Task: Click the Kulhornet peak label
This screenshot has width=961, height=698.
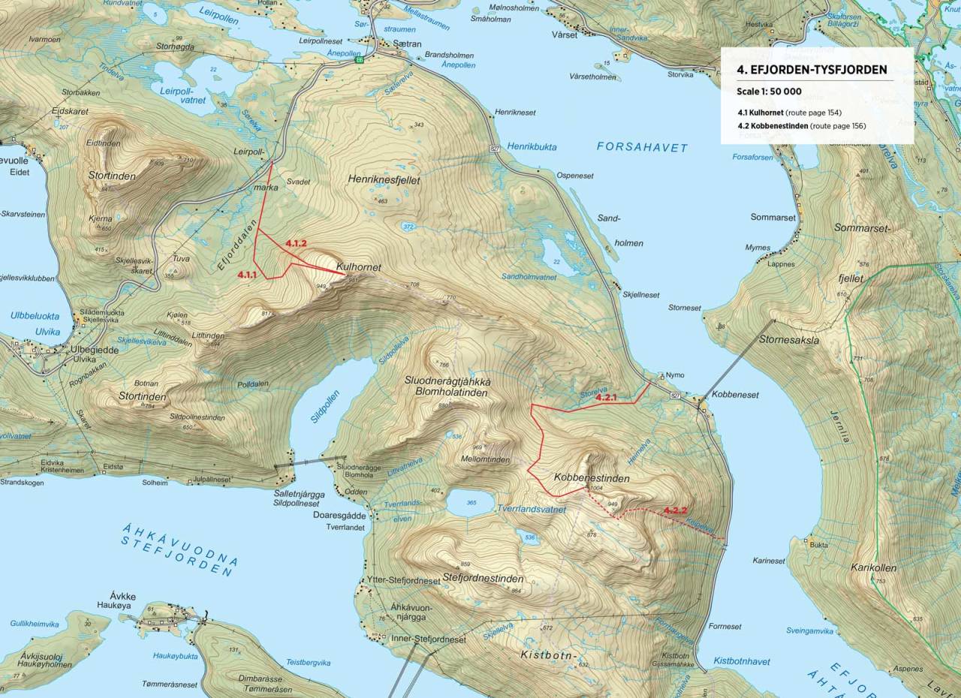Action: (x=359, y=267)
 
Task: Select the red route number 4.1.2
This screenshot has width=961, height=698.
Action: (x=296, y=243)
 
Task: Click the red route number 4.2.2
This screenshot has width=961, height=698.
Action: (x=676, y=511)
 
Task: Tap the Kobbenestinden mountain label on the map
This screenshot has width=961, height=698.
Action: (x=591, y=477)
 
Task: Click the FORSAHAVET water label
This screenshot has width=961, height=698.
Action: (x=642, y=148)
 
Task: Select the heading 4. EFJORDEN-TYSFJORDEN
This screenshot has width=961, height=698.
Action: (x=806, y=69)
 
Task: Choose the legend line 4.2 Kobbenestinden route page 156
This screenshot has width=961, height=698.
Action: (x=801, y=125)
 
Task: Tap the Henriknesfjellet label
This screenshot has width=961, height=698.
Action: (x=384, y=180)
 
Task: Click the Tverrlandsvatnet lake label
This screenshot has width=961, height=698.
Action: (x=531, y=509)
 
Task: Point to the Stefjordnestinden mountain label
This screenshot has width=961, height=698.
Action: (x=483, y=579)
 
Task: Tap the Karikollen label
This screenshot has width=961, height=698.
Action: (x=875, y=568)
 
